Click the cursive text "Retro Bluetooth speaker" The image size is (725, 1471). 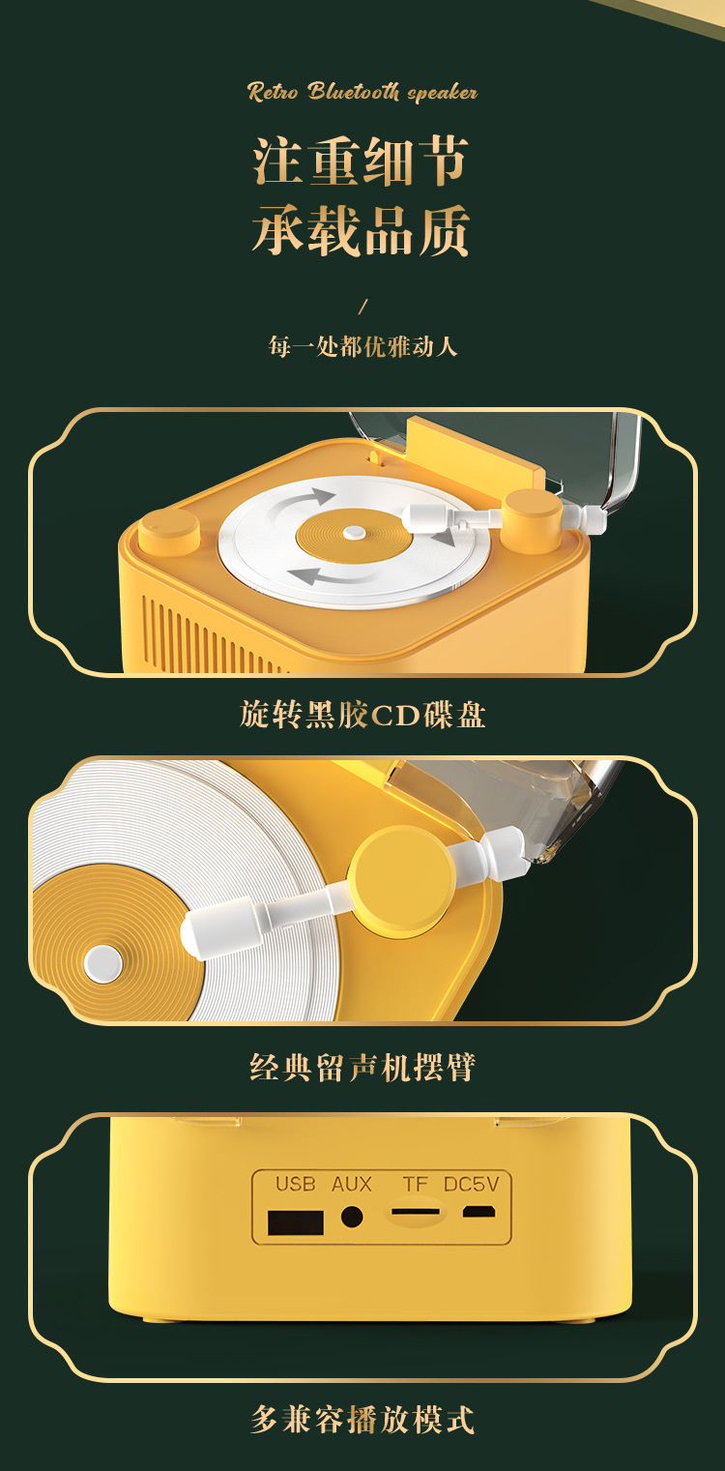(x=362, y=92)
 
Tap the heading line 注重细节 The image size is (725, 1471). (x=362, y=161)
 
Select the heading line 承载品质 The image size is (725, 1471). (x=362, y=231)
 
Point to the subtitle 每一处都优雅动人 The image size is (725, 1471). (x=362, y=345)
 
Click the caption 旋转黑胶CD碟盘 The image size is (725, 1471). (x=362, y=715)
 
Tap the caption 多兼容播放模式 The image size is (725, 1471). (x=362, y=1420)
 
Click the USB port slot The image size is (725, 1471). (x=296, y=1221)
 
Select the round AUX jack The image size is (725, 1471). (x=352, y=1217)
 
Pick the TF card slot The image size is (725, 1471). (x=416, y=1212)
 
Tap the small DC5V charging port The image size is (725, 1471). (x=478, y=1211)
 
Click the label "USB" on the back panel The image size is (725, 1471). (x=295, y=1184)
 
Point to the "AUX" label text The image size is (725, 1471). (x=352, y=1184)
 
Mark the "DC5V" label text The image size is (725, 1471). (x=471, y=1184)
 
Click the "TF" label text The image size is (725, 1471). (x=415, y=1184)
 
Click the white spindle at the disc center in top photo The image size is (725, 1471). (x=354, y=531)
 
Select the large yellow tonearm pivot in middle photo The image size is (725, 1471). (x=400, y=880)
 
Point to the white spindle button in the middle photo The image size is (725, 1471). (x=103, y=962)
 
